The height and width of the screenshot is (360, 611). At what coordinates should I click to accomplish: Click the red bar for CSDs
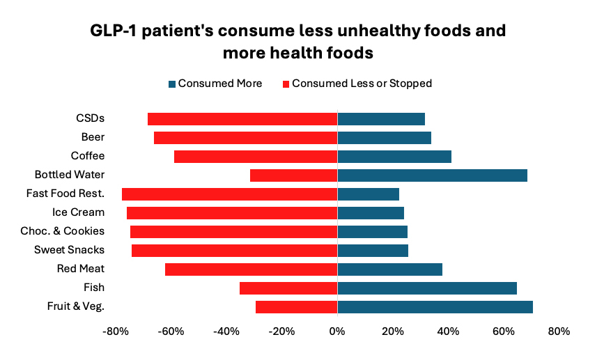coord(242,119)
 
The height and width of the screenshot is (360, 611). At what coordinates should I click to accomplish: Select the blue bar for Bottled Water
coord(432,175)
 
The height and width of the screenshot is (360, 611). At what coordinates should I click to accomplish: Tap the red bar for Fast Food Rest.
coord(229,194)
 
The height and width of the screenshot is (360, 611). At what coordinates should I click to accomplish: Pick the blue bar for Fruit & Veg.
coord(435,307)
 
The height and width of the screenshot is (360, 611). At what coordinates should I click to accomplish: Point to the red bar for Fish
coord(288,288)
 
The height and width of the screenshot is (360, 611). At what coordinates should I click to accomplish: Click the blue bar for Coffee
coord(394,157)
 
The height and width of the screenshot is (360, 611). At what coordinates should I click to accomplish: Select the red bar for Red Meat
coord(251,269)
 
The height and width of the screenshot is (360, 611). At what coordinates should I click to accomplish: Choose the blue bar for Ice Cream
coord(371,213)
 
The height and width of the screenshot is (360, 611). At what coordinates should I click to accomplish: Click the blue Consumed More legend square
coord(172,84)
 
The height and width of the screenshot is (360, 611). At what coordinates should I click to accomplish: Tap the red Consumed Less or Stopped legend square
coord(286,84)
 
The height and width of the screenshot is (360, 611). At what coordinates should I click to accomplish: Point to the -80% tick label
coord(116,331)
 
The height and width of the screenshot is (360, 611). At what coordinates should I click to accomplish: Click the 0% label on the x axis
coord(337,331)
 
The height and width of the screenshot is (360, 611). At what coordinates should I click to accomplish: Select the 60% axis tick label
coord(504,331)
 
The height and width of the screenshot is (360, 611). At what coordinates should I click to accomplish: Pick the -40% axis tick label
coord(226,331)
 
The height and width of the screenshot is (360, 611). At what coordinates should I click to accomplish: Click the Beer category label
coord(93,137)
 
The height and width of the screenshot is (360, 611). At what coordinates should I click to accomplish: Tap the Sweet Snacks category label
coord(69,250)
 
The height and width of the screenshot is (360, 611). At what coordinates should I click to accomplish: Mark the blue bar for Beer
coord(384,138)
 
